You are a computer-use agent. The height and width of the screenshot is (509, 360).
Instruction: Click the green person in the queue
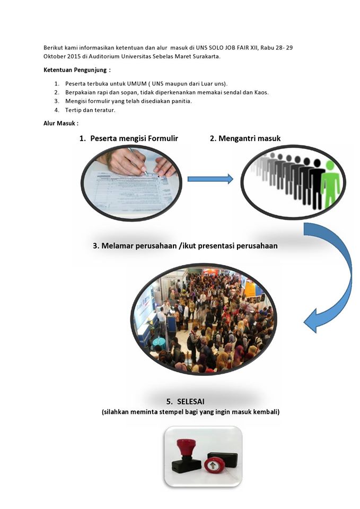[330, 183]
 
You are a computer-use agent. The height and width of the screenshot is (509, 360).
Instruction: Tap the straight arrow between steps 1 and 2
[210, 179]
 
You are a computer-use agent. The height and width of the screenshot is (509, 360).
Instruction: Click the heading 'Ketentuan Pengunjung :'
[77, 70]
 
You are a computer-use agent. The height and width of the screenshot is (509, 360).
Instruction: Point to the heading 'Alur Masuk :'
[61, 124]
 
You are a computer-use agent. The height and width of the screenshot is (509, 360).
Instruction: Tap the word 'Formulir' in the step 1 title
[159, 138]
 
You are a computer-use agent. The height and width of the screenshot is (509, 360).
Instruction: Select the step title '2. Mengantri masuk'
[245, 138]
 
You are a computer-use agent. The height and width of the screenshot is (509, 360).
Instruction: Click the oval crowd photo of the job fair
[204, 318]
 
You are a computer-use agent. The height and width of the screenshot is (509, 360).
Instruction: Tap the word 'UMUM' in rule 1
[136, 84]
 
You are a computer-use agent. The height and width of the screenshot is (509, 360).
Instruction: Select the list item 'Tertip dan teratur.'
[90, 110]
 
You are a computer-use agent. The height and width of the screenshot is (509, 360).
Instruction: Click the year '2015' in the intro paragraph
[73, 56]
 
